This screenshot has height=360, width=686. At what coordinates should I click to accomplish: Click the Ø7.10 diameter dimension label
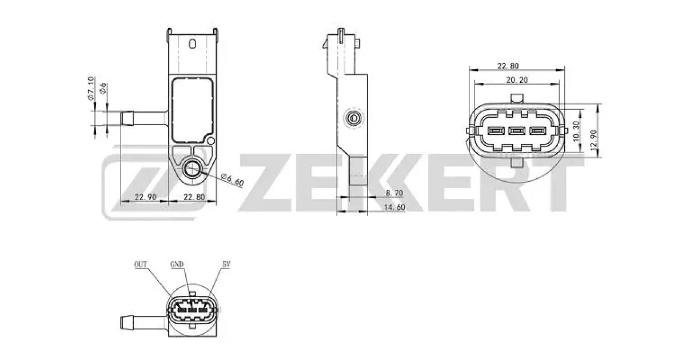(x=90, y=89)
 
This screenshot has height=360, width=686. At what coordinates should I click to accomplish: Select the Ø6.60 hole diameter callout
(x=233, y=179)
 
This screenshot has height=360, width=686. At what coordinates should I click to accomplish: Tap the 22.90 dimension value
(x=146, y=197)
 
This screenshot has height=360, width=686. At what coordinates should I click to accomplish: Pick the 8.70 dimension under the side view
(x=394, y=193)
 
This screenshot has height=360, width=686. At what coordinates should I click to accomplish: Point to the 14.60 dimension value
(x=394, y=207)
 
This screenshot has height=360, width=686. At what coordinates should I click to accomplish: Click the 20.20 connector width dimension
(x=517, y=80)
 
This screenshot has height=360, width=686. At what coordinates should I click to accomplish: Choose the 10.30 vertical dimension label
(x=576, y=131)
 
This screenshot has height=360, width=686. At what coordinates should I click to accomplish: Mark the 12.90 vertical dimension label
(x=593, y=140)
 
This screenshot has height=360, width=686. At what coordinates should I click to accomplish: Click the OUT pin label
(x=141, y=264)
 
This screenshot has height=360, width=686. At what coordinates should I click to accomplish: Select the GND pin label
(x=177, y=264)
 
